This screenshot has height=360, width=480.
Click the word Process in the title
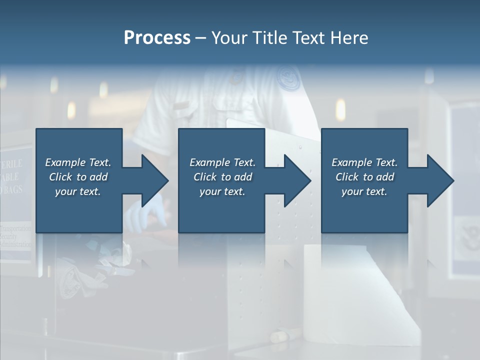(x=157, y=38)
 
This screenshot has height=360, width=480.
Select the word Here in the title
(x=349, y=38)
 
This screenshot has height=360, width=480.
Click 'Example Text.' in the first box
(x=78, y=162)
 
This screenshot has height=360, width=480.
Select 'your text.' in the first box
(x=78, y=191)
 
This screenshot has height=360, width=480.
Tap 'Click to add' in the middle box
(x=222, y=177)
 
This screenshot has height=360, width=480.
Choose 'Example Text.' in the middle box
(x=222, y=162)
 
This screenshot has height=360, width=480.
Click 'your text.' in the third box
(x=364, y=191)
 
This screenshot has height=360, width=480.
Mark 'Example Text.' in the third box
(x=364, y=162)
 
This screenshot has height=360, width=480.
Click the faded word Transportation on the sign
(x=16, y=228)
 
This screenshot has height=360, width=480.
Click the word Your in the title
(x=228, y=38)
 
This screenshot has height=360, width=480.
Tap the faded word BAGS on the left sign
(x=14, y=190)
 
